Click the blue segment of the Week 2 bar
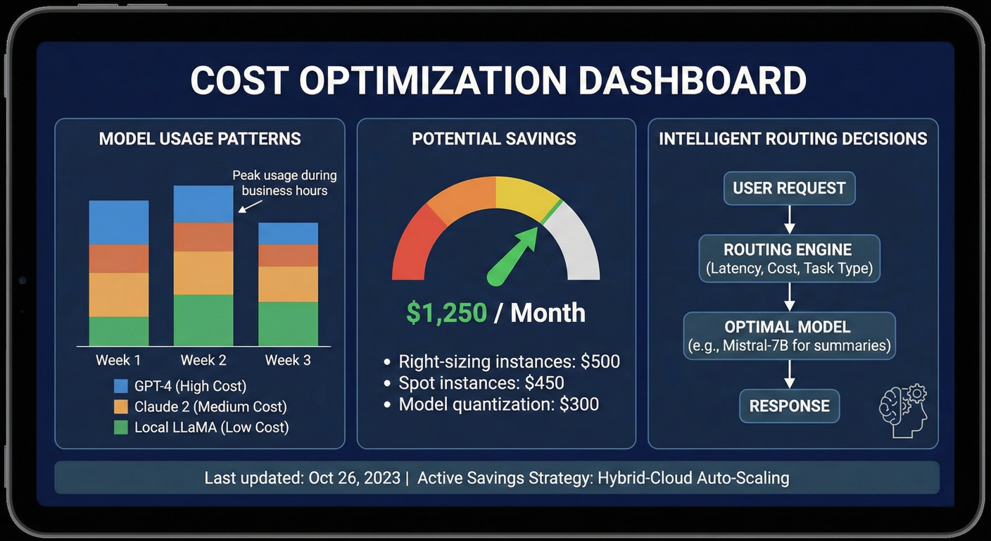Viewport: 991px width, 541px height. pyautogui.click(x=203, y=204)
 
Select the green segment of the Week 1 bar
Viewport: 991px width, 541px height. pyautogui.click(x=119, y=331)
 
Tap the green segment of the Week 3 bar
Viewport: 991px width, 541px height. pyautogui.click(x=288, y=323)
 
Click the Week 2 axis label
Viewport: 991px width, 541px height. pyautogui.click(x=203, y=360)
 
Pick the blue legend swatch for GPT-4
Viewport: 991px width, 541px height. pyautogui.click(x=121, y=386)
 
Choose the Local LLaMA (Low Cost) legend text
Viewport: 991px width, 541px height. pyautogui.click(x=211, y=427)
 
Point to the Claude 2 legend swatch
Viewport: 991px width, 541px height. pyautogui.click(x=121, y=407)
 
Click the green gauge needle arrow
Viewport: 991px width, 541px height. pyautogui.click(x=513, y=256)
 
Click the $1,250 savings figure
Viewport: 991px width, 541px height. pyautogui.click(x=447, y=313)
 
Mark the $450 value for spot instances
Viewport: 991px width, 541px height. pyautogui.click(x=544, y=383)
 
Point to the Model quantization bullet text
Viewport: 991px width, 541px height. pyautogui.click(x=498, y=404)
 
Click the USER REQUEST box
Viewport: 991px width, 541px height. pyautogui.click(x=789, y=188)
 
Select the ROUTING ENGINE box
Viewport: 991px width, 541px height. pyautogui.click(x=789, y=259)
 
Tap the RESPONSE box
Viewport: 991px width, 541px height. pyautogui.click(x=789, y=406)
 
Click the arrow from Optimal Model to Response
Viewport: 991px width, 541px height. pyautogui.click(x=790, y=374)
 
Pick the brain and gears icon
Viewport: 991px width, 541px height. pyautogui.click(x=904, y=411)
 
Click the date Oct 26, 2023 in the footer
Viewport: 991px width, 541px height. pyautogui.click(x=354, y=478)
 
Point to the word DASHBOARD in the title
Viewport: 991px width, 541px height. pyautogui.click(x=693, y=80)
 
